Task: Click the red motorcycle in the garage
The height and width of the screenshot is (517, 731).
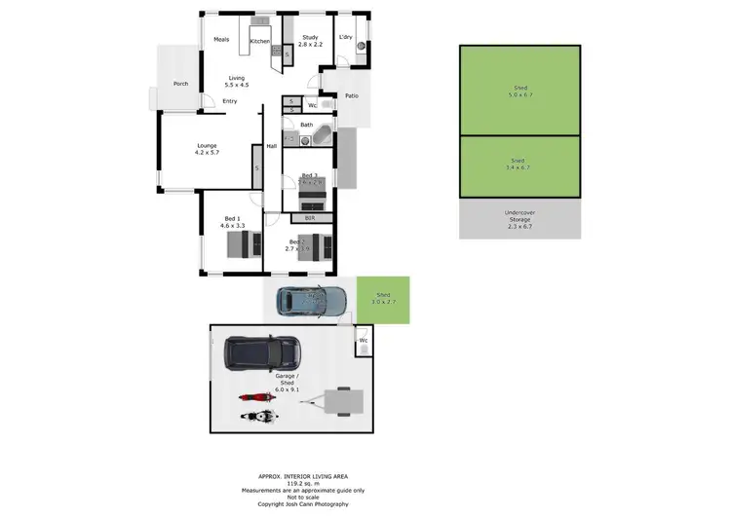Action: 254,397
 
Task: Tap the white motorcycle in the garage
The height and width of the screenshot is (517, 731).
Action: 258,417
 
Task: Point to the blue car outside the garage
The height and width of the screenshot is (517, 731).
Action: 311,301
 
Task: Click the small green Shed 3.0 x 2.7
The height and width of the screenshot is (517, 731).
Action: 383,300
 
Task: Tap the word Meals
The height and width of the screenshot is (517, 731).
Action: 221,39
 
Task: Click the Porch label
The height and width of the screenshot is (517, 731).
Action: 180,84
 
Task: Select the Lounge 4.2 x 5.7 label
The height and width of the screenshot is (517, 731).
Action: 207,149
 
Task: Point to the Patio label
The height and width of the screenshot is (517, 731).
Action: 352,96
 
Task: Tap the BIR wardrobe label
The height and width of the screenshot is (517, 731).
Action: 309,218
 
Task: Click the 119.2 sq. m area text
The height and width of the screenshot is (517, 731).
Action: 296,483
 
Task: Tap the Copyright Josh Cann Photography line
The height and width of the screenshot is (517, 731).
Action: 296,503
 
